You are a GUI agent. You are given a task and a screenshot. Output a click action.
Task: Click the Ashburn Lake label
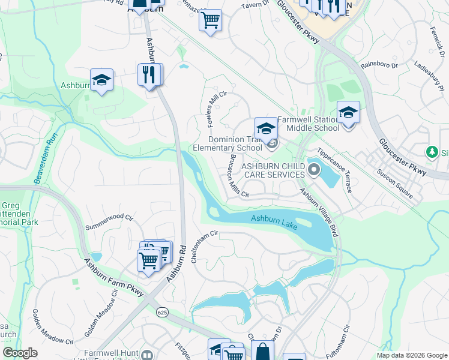click(274, 220)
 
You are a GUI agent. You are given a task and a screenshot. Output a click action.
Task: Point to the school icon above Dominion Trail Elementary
click(266, 128)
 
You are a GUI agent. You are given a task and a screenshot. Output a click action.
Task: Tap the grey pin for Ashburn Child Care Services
click(312, 172)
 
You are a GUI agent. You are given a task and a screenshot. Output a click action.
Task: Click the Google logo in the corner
click(20, 353)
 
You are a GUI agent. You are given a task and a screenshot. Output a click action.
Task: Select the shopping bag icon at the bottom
click(262, 352)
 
